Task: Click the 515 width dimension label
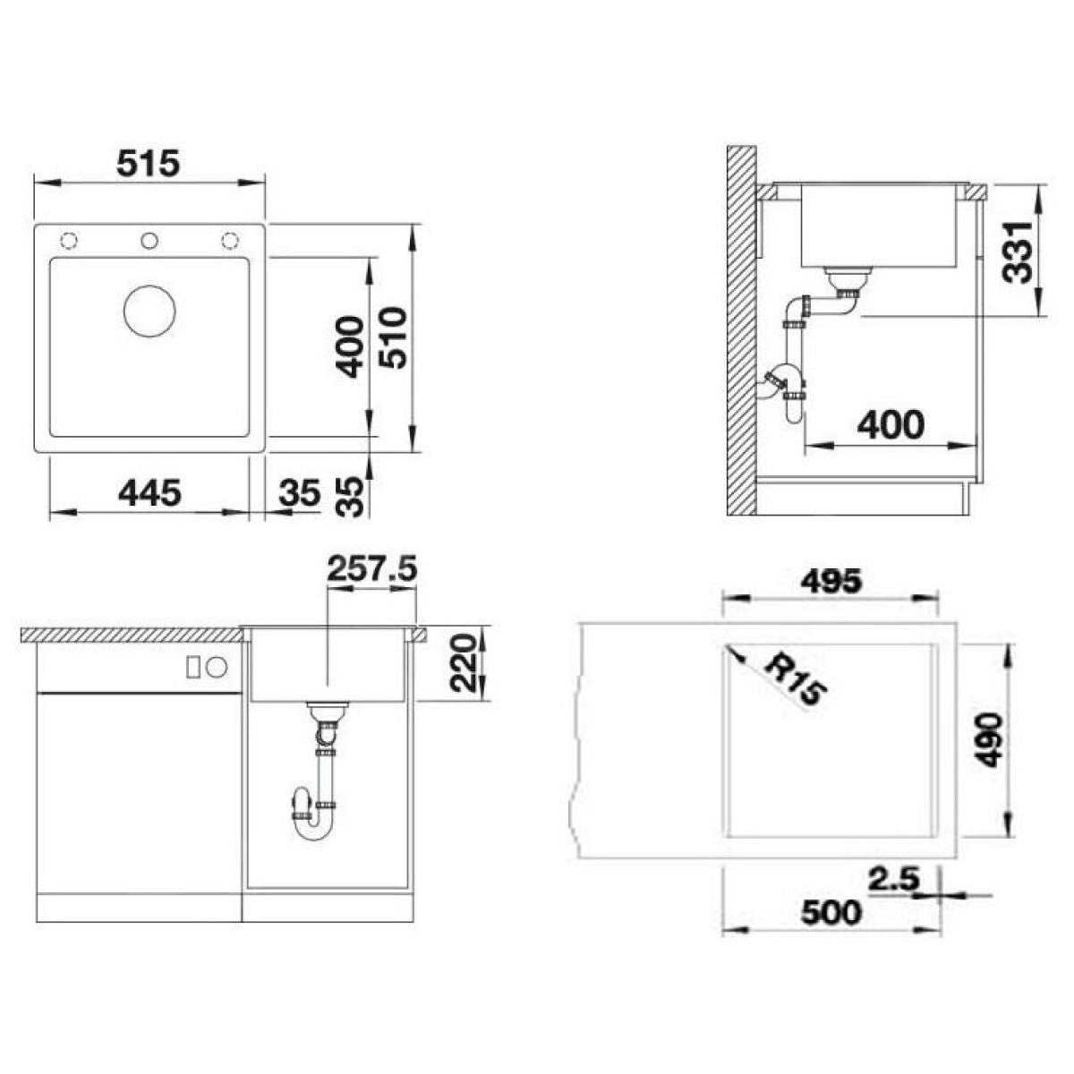click(149, 163)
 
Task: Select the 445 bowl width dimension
click(150, 492)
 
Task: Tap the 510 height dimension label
click(392, 337)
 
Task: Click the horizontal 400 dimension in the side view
click(890, 425)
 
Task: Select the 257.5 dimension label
click(371, 569)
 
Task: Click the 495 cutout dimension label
click(831, 583)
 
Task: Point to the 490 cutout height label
click(991, 740)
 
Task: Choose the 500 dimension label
click(831, 912)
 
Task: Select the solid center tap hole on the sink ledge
click(149, 241)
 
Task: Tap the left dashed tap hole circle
click(69, 241)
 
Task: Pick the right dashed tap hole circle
click(229, 241)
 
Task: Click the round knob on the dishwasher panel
click(217, 666)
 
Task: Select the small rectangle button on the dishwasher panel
click(193, 667)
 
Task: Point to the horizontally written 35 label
click(301, 492)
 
